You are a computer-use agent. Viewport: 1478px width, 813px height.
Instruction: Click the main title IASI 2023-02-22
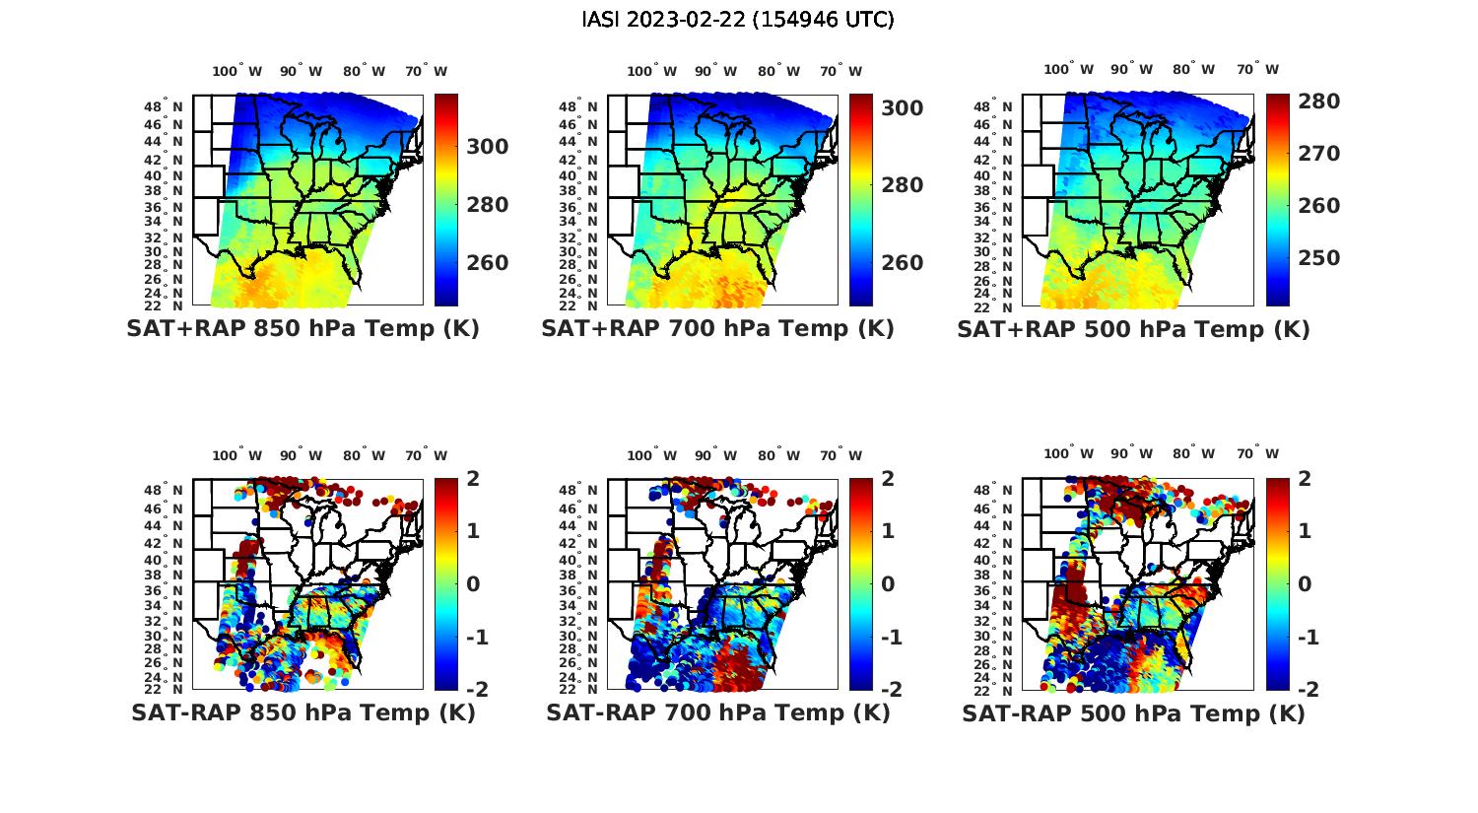point(738,20)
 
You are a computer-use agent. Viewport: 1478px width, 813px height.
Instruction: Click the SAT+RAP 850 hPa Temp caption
point(302,329)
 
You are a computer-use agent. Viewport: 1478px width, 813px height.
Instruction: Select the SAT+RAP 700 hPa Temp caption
point(717,329)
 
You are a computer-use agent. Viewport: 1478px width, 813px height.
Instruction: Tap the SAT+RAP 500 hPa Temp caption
point(1133,329)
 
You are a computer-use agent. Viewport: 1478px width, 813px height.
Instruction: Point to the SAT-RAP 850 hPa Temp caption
point(302,712)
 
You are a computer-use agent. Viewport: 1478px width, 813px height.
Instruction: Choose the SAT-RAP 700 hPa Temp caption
point(717,712)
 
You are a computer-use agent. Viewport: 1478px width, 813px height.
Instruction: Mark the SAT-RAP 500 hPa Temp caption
point(1133,712)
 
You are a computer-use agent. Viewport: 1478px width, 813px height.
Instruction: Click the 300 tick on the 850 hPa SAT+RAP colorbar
point(487,147)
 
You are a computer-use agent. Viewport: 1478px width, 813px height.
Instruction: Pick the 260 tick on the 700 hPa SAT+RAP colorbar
point(902,262)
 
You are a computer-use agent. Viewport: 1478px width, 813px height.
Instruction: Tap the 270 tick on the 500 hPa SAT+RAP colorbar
point(1318,154)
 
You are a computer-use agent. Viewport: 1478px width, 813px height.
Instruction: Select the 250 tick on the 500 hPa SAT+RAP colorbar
point(1318,258)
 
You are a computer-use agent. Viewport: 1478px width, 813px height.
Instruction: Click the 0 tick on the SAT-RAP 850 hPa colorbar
point(473,583)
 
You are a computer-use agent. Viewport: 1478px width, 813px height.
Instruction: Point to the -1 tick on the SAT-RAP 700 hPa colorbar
point(883,637)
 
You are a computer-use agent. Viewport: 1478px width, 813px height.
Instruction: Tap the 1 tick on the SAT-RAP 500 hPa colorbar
point(1305,531)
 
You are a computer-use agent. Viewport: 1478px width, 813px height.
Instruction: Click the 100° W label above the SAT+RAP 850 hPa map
point(237,71)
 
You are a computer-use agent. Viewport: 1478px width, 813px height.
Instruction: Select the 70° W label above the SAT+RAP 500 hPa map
point(1257,69)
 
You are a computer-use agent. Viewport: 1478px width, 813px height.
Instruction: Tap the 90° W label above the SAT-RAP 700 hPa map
point(715,455)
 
